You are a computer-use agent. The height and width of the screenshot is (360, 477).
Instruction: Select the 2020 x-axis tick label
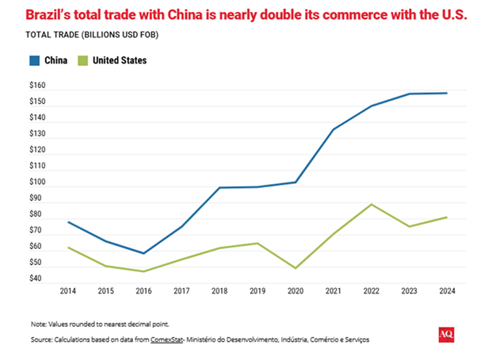pyautogui.click(x=296, y=291)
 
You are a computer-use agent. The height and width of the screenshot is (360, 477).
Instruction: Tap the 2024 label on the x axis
pyautogui.click(x=446, y=291)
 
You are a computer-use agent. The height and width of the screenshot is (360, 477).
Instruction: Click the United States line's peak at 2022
pyautogui.click(x=371, y=204)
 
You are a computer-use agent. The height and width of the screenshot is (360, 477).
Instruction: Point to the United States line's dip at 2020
pyautogui.click(x=296, y=268)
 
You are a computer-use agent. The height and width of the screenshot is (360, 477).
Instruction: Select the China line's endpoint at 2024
pyautogui.click(x=446, y=93)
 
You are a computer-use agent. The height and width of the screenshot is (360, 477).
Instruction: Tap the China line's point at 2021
pyautogui.click(x=333, y=129)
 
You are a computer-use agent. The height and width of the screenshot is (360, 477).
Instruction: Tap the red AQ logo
pyautogui.click(x=445, y=335)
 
